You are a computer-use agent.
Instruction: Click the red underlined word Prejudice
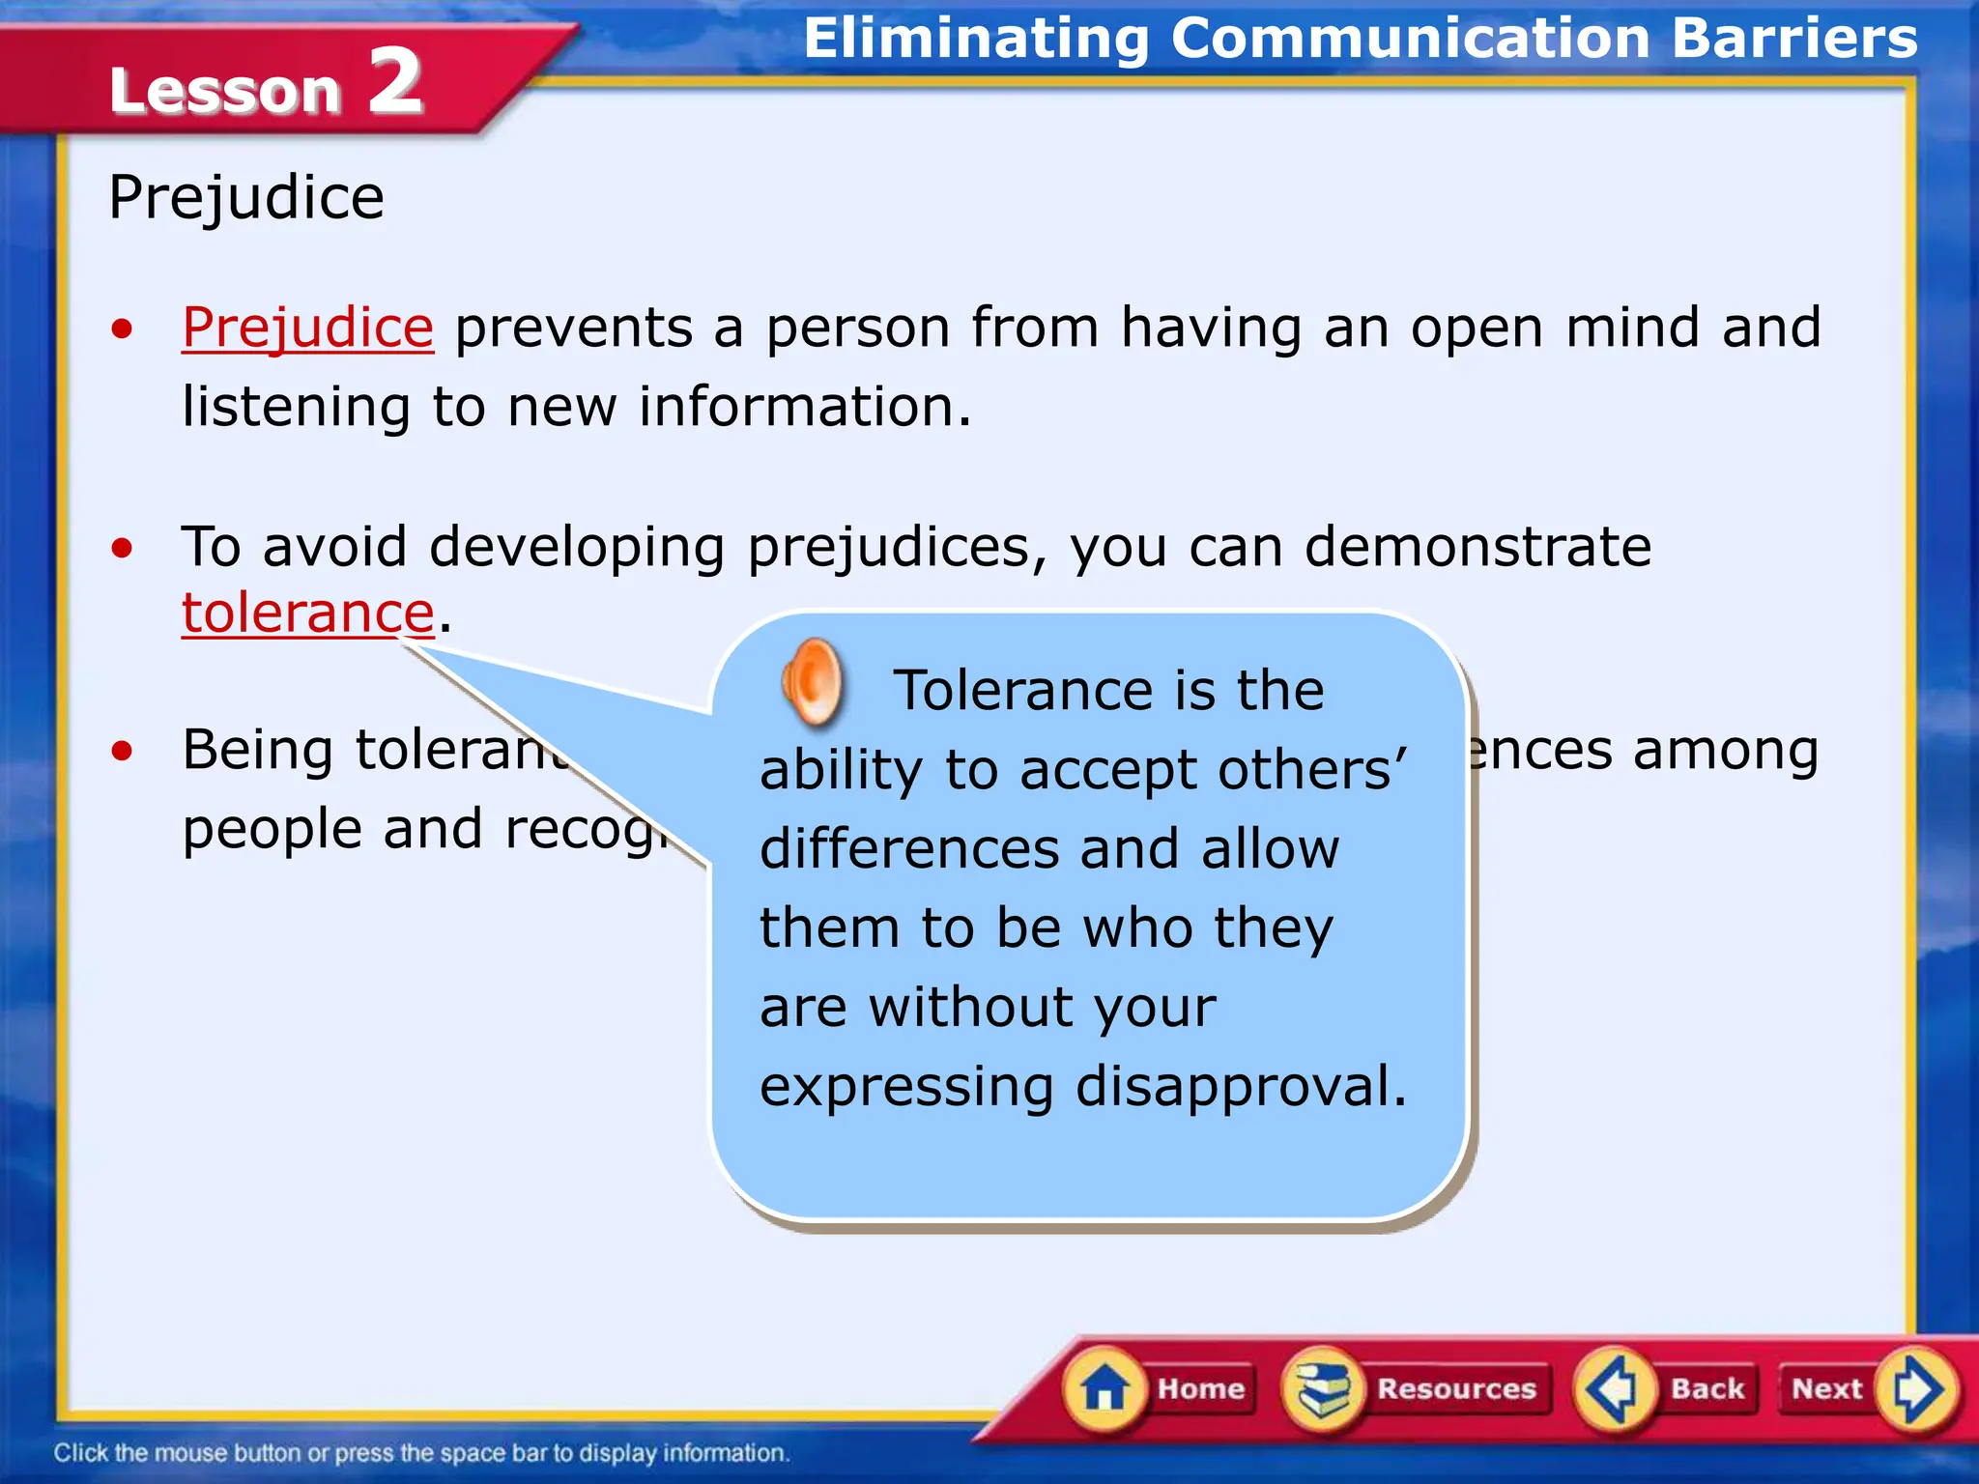(307, 328)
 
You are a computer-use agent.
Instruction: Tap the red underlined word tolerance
(307, 614)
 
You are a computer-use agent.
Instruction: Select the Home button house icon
(1104, 1390)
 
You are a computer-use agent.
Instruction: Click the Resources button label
(1455, 1389)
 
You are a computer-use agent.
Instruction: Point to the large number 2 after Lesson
(395, 83)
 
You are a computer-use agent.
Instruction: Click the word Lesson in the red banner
(225, 91)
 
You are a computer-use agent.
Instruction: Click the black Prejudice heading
(246, 198)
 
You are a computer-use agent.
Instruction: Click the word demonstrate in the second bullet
(1477, 547)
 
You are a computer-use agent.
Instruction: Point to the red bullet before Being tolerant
(122, 751)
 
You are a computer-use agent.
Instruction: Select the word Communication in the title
(1411, 39)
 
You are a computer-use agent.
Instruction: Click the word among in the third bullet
(1726, 751)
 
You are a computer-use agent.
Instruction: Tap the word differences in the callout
(911, 849)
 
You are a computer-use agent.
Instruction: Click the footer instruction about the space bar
(421, 1453)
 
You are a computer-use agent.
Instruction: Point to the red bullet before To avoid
(122, 548)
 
